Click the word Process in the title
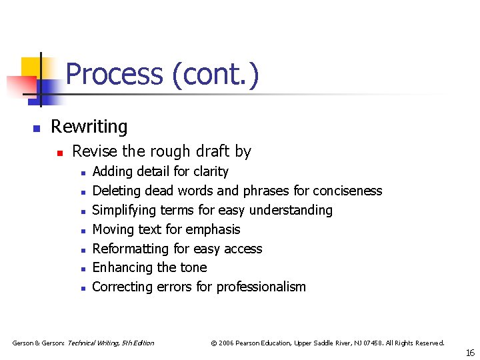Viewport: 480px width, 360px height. coord(114,74)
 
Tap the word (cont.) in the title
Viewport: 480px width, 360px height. coord(215,74)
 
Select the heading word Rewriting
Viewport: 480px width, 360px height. coord(89,127)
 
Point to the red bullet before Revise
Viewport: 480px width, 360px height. coord(59,153)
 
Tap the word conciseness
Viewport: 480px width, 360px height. coord(347,191)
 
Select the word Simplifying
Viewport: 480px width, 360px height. coord(125,211)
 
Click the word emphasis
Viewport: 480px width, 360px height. coord(213,230)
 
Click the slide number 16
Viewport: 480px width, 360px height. coord(470,353)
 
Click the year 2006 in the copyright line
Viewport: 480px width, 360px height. coord(227,343)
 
